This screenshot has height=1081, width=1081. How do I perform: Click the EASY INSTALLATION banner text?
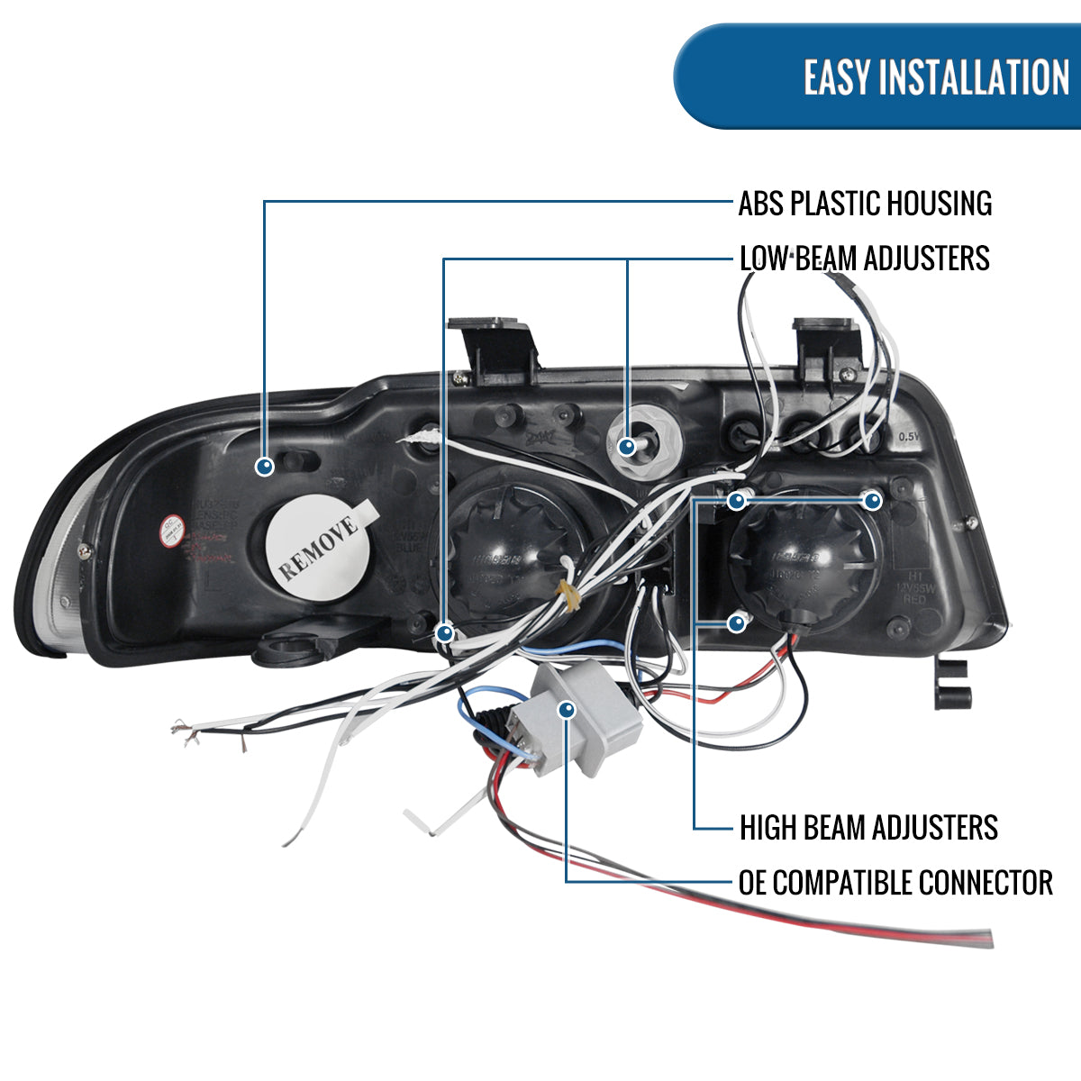click(936, 77)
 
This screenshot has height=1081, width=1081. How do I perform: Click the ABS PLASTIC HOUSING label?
click(864, 204)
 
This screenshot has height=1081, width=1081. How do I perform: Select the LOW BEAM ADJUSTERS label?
click(864, 259)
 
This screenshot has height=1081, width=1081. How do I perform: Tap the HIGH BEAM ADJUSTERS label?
click(868, 827)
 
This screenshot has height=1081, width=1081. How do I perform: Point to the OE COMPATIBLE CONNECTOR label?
click(895, 883)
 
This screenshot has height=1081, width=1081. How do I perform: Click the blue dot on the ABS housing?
click(265, 467)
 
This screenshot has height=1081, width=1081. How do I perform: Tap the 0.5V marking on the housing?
click(908, 437)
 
